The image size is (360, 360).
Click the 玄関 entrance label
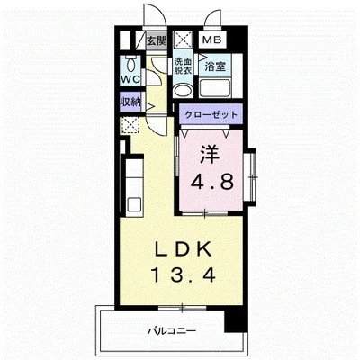[x=157, y=40]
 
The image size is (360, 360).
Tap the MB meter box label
[x=211, y=40]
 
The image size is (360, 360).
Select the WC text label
[x=130, y=79]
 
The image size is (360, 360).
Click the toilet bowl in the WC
[x=130, y=64]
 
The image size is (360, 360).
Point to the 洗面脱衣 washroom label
[x=183, y=67]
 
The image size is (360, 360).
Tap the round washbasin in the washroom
[x=184, y=90]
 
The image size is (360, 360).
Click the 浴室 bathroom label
[x=215, y=67]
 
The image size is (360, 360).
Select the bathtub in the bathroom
[x=215, y=88]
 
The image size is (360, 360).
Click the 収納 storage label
[x=130, y=103]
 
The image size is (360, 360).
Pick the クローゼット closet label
[x=211, y=114]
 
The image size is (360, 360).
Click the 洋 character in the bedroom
[x=211, y=155]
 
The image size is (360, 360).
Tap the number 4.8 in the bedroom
[x=212, y=182]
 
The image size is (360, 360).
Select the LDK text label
[x=182, y=248]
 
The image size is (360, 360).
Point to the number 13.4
[x=184, y=275]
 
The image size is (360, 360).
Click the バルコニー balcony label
[x=172, y=331]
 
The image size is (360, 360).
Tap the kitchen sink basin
[x=134, y=204]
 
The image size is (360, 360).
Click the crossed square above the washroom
[x=183, y=40]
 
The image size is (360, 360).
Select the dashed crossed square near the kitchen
[x=130, y=126]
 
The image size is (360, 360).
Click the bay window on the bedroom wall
[x=250, y=177]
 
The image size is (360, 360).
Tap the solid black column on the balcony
[x=236, y=319]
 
